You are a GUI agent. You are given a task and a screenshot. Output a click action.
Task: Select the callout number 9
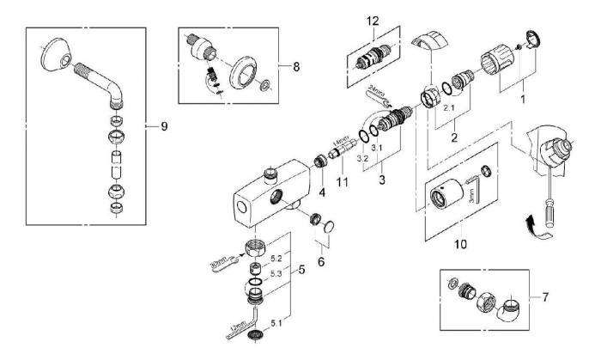click(x=163, y=125)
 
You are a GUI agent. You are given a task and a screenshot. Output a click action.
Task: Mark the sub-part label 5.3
click(x=276, y=274)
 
